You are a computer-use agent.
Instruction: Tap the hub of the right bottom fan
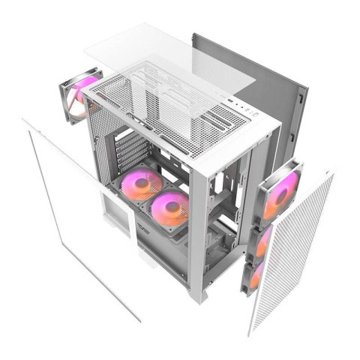(171, 208)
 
